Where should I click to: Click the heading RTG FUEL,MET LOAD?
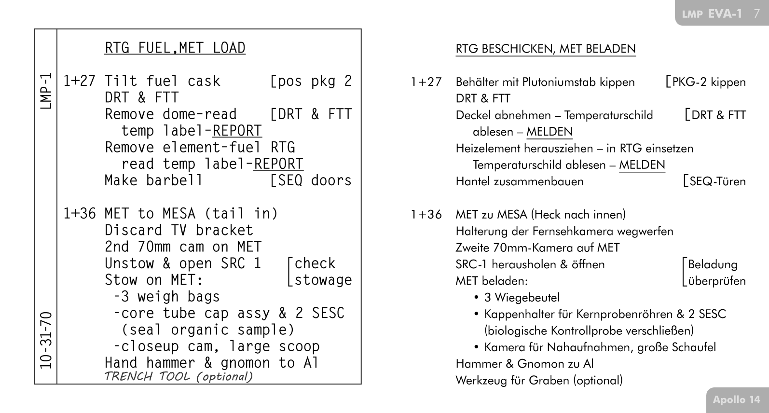click(x=175, y=48)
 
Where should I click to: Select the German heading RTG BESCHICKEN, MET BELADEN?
click(x=545, y=49)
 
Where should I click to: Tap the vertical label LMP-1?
click(x=46, y=92)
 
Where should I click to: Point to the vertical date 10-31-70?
click(x=46, y=340)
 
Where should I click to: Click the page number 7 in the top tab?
click(x=756, y=14)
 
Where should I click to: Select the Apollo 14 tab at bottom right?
click(x=736, y=399)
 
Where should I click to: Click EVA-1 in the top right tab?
click(x=725, y=14)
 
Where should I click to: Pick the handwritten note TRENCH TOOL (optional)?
click(x=179, y=377)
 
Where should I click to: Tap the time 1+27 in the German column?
click(x=426, y=82)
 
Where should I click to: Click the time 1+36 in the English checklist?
click(x=80, y=214)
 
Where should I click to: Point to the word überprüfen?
click(x=717, y=281)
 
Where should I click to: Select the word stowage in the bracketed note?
click(x=323, y=280)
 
